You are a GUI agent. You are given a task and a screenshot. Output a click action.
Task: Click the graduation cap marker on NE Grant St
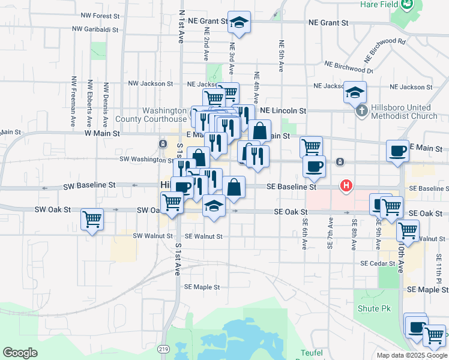pos(239,23)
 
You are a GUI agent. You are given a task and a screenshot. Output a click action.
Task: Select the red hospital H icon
pos(346,186)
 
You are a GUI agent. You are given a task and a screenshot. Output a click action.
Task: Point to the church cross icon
pos(361,111)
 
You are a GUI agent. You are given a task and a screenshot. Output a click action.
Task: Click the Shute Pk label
pos(374,308)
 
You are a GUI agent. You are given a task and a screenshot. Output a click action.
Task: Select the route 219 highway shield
pos(164,349)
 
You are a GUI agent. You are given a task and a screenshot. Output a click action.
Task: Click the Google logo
pos(20,353)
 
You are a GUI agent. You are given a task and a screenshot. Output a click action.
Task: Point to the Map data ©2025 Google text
pos(411,355)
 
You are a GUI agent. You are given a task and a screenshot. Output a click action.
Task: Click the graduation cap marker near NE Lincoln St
pos(354,92)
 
